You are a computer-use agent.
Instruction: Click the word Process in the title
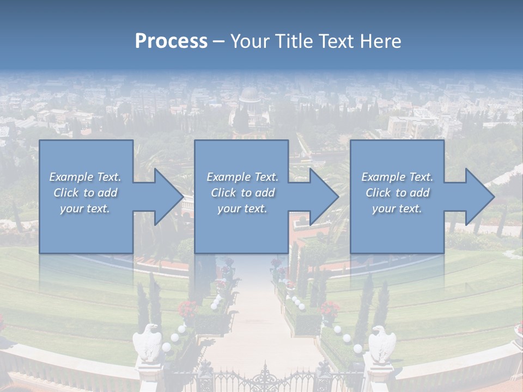[x=171, y=41]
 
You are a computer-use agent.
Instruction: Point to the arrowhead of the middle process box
[x=324, y=197]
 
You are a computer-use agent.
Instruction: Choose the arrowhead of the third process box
[x=479, y=197]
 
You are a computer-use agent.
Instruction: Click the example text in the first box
[x=85, y=193]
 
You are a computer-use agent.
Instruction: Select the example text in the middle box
[x=242, y=193]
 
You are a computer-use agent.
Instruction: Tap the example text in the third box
[x=397, y=193]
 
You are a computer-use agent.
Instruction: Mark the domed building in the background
[x=250, y=95]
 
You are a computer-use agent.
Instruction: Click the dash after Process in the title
[x=218, y=41]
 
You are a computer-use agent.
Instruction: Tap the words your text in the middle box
[x=242, y=209]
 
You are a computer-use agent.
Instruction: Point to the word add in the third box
[x=421, y=193]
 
